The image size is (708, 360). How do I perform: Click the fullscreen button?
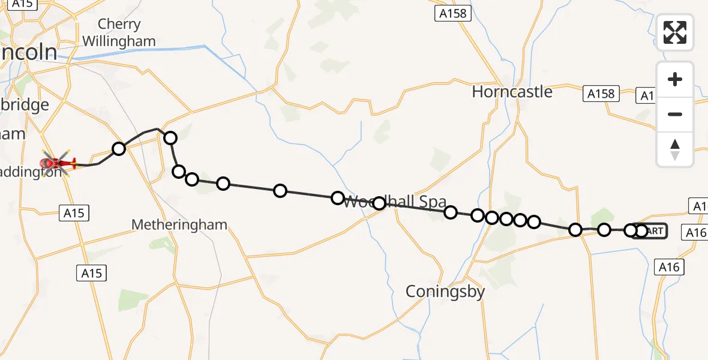tap(675, 32)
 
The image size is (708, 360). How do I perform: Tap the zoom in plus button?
tap(675, 79)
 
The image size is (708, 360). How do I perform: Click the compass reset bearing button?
tap(675, 149)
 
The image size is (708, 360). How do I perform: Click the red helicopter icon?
tap(58, 162)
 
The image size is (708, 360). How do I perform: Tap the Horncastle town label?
tap(512, 92)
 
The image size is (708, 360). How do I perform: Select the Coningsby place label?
tap(445, 292)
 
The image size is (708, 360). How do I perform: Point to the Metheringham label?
tap(179, 225)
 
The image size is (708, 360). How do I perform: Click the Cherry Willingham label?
tap(119, 33)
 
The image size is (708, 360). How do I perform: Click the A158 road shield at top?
tap(452, 13)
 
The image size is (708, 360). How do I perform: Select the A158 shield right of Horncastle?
tap(601, 94)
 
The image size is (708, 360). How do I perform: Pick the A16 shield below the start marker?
tap(668, 267)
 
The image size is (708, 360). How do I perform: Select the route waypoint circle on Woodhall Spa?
tap(379, 203)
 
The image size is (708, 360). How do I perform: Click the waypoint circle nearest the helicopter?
tap(119, 148)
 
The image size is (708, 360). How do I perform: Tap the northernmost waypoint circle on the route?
tap(170, 138)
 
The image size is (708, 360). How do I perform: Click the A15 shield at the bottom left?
tap(92, 273)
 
